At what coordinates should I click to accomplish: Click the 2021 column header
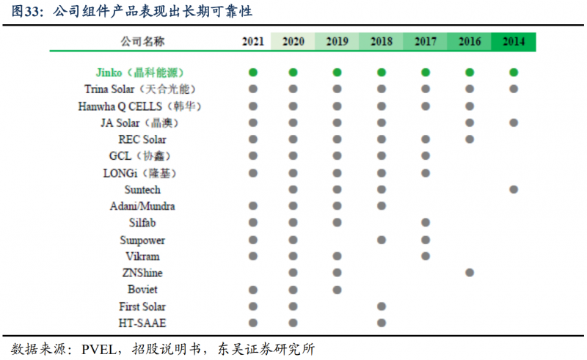click(x=253, y=42)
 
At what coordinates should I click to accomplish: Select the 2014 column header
click(x=514, y=42)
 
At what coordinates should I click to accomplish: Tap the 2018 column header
click(x=382, y=42)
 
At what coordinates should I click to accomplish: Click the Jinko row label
click(x=139, y=73)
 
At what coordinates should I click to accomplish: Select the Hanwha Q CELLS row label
click(x=139, y=106)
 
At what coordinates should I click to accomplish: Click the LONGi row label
click(x=139, y=173)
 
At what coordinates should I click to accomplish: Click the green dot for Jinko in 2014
click(x=514, y=73)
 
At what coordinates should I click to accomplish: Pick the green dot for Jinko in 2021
click(x=253, y=73)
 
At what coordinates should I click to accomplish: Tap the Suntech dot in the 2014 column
click(x=514, y=190)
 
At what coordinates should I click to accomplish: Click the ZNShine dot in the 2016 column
click(x=470, y=273)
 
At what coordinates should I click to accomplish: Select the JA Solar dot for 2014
click(x=514, y=122)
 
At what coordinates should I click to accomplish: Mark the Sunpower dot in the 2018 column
click(x=382, y=240)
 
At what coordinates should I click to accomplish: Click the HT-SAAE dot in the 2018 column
click(x=382, y=323)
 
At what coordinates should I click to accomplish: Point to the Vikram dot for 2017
click(x=426, y=256)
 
